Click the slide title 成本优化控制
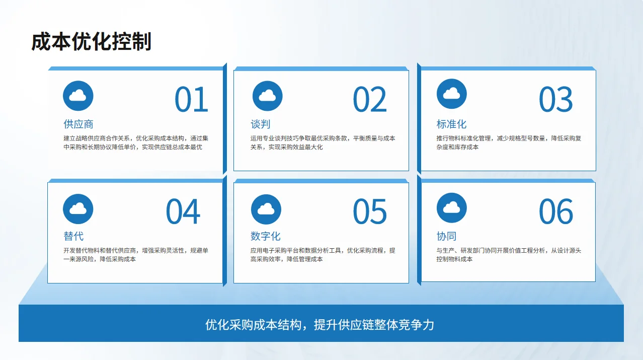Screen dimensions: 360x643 [91, 42]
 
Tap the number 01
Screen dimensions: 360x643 [191, 99]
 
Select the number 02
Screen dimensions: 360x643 [369, 99]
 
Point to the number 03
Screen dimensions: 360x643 [555, 99]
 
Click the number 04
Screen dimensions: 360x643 [183, 211]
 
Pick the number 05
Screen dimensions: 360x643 [369, 211]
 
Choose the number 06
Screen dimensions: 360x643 [555, 211]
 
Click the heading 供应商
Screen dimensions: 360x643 [78, 124]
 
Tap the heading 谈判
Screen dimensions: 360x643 [261, 124]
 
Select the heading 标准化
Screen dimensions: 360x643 [451, 124]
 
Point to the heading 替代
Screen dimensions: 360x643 [73, 236]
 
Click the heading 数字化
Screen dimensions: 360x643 [265, 236]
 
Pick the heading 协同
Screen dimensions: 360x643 [446, 236]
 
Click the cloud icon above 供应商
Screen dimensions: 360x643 [78, 95]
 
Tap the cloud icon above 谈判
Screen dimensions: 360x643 [267, 95]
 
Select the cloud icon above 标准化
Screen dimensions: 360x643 [451, 94]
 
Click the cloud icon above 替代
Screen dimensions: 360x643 [78, 208]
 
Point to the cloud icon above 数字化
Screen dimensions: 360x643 [266, 209]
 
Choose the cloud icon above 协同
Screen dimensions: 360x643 [451, 207]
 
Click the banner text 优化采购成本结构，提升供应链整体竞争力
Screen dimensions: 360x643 [319, 324]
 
